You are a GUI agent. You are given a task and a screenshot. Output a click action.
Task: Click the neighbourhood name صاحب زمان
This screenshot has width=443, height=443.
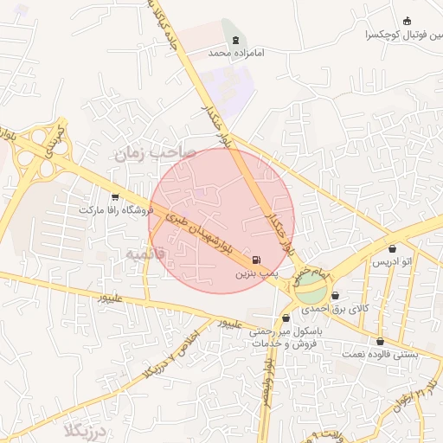coord(151,152)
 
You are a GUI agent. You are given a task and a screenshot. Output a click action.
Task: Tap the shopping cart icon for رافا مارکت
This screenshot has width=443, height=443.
coord(115,197)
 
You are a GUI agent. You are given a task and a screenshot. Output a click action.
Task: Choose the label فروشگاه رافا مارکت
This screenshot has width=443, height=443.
coord(115,210)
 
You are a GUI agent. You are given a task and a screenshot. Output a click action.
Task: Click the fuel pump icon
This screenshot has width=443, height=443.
coord(255,260)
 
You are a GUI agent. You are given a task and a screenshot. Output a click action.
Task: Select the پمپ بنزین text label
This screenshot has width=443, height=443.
coord(255,273)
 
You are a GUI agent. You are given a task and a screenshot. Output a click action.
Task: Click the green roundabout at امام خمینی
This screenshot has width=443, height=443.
coord(309,290)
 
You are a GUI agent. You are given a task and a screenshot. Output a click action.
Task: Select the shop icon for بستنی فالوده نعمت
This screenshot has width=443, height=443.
coord(381,342)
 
